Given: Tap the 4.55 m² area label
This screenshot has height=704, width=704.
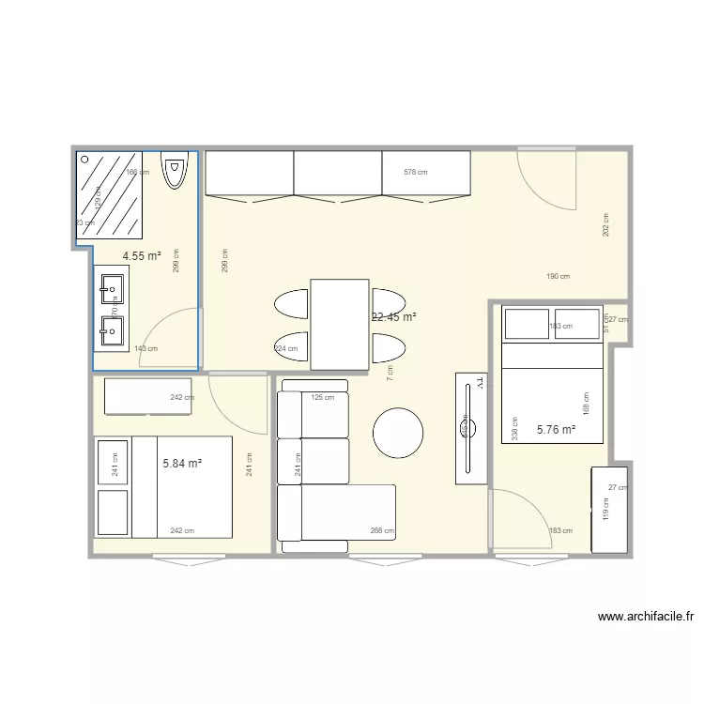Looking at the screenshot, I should (x=142, y=254).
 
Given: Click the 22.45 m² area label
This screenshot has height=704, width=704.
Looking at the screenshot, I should (x=394, y=317).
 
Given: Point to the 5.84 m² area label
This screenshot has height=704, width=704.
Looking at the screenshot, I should (x=182, y=463).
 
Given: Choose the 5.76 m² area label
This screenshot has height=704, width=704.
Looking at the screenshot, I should (x=556, y=430).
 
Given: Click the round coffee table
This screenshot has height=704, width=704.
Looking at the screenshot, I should (x=399, y=433).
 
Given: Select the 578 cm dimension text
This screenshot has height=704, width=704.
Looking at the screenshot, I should (x=415, y=173).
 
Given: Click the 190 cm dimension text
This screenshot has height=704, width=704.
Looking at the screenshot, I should (x=559, y=276).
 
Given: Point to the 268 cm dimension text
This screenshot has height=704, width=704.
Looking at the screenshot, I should (x=382, y=531).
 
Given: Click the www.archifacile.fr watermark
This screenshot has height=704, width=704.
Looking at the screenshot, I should (x=647, y=617).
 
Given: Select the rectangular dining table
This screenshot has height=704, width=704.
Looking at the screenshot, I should (x=339, y=324).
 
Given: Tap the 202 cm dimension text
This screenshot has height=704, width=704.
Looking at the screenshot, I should (x=606, y=225).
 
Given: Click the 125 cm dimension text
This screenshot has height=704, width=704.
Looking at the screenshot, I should (x=322, y=398).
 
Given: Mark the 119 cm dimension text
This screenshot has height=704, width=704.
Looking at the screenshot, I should (x=605, y=508).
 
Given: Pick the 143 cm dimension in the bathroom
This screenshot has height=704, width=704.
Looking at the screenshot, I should (x=145, y=349).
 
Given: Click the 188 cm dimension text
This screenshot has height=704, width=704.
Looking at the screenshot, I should (x=586, y=404).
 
